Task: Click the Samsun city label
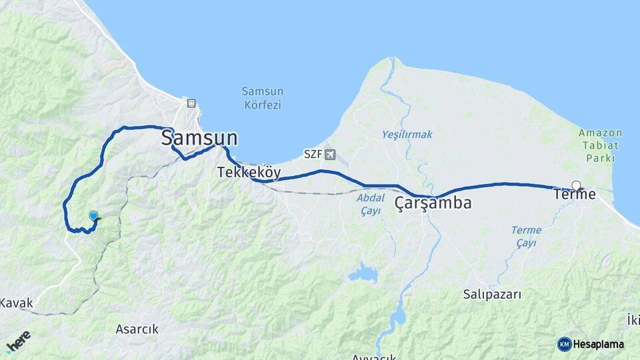pyautogui.click(x=199, y=138)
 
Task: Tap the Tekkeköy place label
pyautogui.click(x=249, y=173)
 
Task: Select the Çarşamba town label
pyautogui.click(x=433, y=203)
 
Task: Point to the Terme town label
pyautogui.click(x=574, y=195)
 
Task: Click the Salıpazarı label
pyautogui.click(x=492, y=293)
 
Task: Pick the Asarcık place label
pyautogui.click(x=137, y=329)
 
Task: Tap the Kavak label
pyautogui.click(x=16, y=303)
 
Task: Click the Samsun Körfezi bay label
pyautogui.click(x=262, y=98)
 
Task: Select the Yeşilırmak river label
pyautogui.click(x=407, y=135)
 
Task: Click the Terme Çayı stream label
pyautogui.click(x=526, y=237)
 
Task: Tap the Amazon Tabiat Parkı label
pyautogui.click(x=600, y=145)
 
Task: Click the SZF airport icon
pyautogui.click(x=330, y=155)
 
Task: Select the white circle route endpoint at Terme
pyautogui.click(x=576, y=186)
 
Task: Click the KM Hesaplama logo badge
pyautogui.click(x=591, y=344)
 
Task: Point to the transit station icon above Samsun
pyautogui.click(x=191, y=103)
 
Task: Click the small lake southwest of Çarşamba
pyautogui.click(x=362, y=272)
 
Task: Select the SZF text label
pyautogui.click(x=313, y=155)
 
